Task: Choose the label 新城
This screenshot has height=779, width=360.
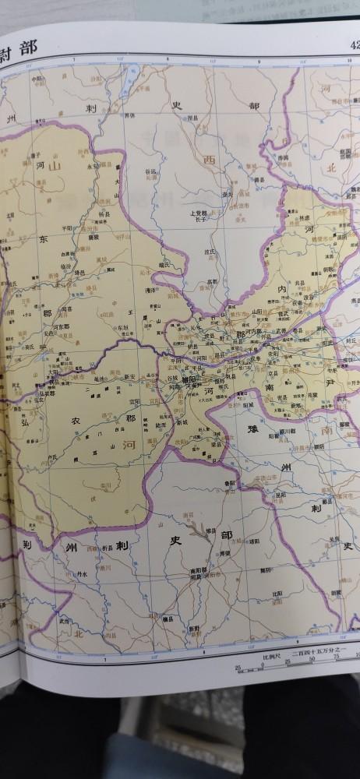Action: click(182, 421)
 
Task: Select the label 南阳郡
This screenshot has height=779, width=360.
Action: click(199, 571)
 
